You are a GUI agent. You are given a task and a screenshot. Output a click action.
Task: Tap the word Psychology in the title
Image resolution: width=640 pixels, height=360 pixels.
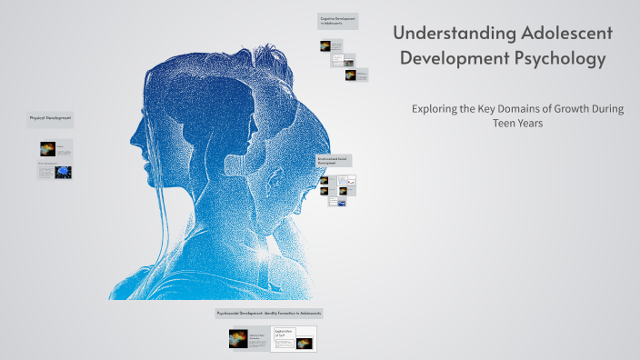click(557, 60)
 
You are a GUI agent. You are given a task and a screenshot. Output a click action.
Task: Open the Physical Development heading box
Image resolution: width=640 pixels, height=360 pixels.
click(51, 118)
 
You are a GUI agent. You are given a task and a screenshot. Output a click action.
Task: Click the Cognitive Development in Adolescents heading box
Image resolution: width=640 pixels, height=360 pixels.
click(337, 20)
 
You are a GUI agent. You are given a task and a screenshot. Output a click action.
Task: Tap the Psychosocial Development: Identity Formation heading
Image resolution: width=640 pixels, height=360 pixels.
click(269, 313)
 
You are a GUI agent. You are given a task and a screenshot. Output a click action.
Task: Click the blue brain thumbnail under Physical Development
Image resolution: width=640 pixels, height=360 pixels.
click(64, 170)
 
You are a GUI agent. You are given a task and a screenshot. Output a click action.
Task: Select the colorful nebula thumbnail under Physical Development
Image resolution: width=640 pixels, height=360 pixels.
click(48, 148)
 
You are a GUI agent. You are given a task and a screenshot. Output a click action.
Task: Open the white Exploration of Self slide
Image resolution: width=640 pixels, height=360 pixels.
click(294, 338)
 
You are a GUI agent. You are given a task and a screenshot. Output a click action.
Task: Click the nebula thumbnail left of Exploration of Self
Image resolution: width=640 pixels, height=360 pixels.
click(238, 339)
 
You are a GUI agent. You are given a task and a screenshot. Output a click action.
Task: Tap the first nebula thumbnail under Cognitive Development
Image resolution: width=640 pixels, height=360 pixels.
click(325, 45)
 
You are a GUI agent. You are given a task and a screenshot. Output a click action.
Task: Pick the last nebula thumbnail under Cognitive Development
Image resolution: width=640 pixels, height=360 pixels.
click(350, 75)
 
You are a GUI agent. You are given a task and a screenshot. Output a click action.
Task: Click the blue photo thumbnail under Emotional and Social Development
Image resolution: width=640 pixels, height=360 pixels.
click(341, 203)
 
